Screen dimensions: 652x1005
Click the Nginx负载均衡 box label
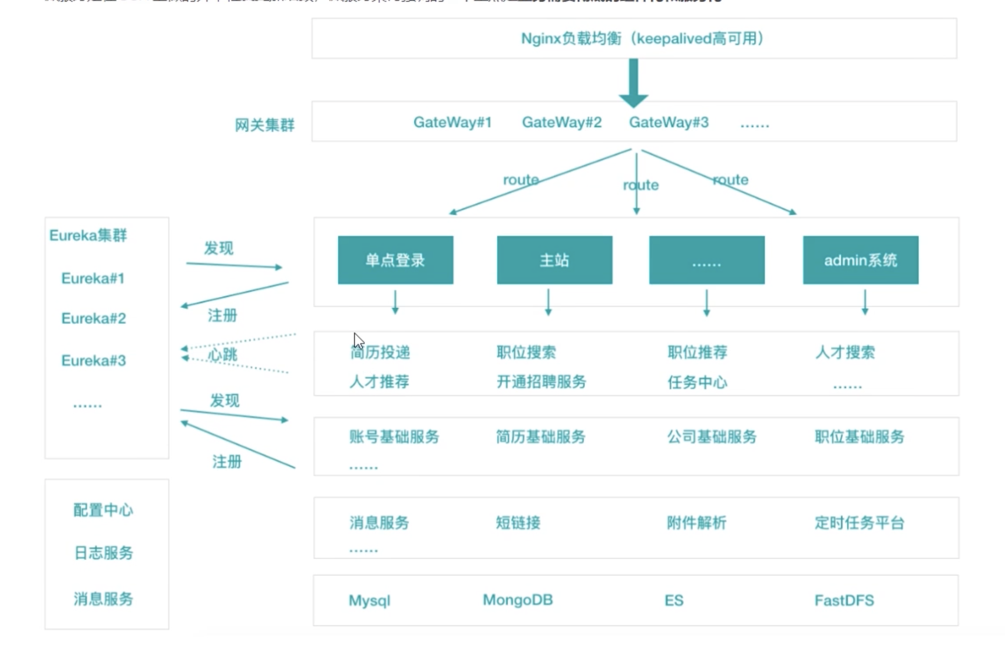click(642, 39)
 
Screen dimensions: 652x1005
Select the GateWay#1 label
click(452, 123)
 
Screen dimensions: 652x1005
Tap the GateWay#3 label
click(669, 123)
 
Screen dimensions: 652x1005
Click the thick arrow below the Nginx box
click(633, 83)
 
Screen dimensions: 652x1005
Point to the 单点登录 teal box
click(395, 260)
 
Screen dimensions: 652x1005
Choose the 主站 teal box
click(554, 260)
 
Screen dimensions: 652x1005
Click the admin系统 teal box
click(860, 260)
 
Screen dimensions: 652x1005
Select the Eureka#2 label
click(94, 319)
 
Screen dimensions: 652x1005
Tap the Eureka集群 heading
click(88, 236)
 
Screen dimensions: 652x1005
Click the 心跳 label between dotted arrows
click(223, 355)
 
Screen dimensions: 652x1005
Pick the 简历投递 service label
click(381, 353)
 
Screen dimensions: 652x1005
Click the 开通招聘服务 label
click(541, 382)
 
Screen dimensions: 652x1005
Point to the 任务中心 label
click(697, 383)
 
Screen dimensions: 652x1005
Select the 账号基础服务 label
click(394, 437)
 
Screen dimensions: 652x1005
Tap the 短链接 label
click(518, 523)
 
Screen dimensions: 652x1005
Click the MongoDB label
click(518, 600)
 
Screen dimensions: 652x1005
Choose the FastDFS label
click(844, 601)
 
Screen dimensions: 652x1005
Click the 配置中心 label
click(104, 510)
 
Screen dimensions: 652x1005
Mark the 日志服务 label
click(104, 553)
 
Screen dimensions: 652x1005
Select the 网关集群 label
click(265, 125)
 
